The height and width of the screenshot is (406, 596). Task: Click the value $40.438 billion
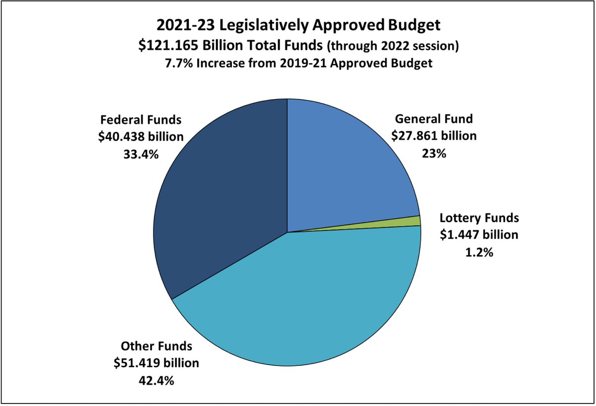tap(141, 137)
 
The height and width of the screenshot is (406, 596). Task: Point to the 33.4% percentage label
tap(141, 154)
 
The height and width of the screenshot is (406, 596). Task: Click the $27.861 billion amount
tap(434, 135)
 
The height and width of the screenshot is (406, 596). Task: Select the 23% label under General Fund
tap(434, 153)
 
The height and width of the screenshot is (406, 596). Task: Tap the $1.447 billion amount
tap(479, 235)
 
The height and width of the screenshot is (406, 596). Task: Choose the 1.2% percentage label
tap(479, 252)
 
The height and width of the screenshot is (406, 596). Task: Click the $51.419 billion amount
tap(156, 363)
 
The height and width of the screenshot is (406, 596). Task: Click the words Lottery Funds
tap(479, 217)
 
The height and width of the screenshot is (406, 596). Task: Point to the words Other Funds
tap(156, 345)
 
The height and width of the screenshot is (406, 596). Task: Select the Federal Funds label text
tap(141, 120)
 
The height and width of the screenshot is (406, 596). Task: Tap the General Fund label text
tap(434, 119)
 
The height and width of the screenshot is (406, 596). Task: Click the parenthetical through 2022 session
tap(392, 46)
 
